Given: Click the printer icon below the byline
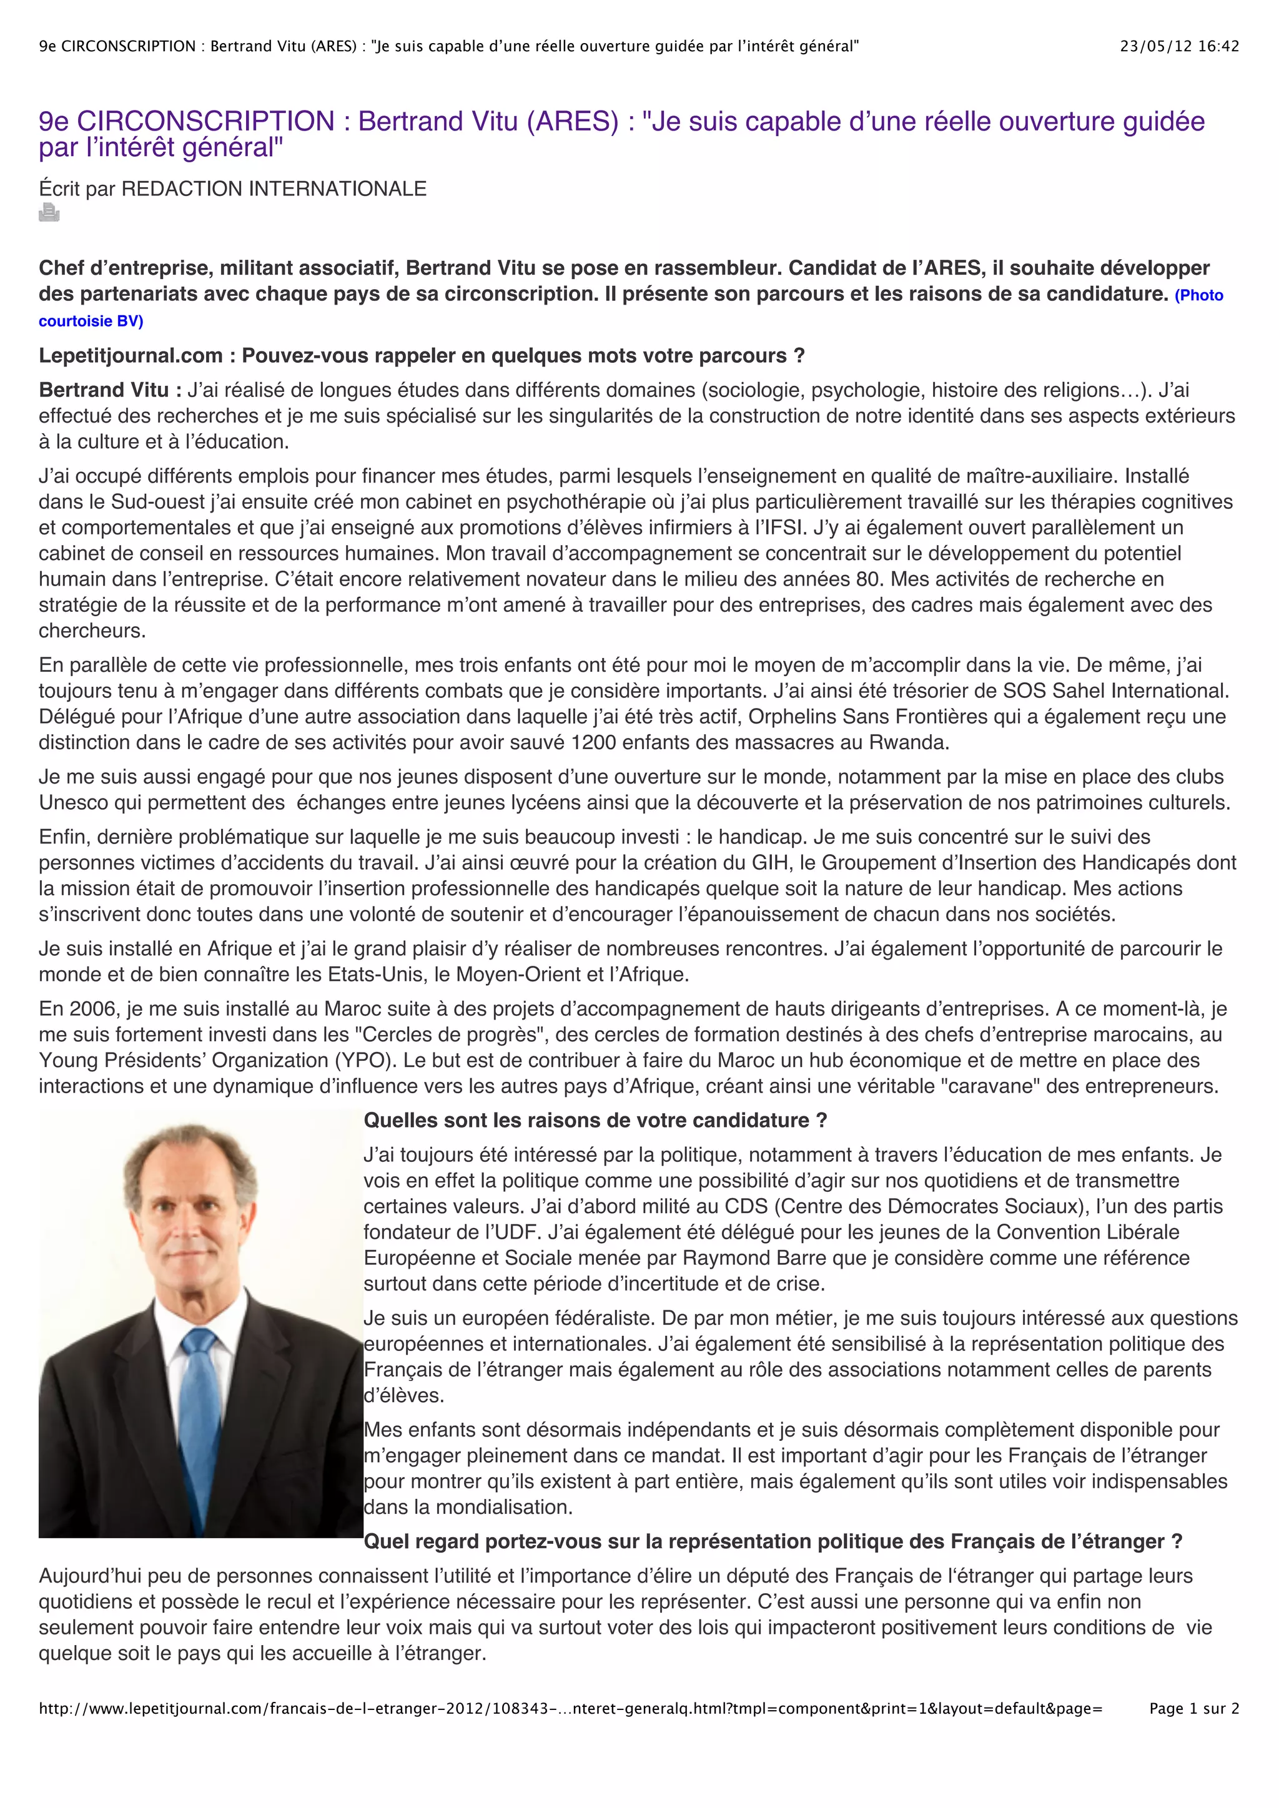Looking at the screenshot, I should pyautogui.click(x=49, y=213).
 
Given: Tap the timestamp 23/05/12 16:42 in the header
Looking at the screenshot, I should pyautogui.click(x=1179, y=46).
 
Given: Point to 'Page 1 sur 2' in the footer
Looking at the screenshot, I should pyautogui.click(x=1194, y=1708).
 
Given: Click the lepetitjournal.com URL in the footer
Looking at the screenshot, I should pyautogui.click(x=570, y=1708).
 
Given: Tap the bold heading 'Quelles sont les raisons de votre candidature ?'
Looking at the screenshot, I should pyautogui.click(x=595, y=1121).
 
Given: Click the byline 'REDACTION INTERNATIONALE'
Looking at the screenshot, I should pyautogui.click(x=274, y=189).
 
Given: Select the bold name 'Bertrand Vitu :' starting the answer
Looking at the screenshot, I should pyautogui.click(x=111, y=390).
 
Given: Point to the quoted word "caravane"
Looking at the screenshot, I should pyautogui.click(x=986, y=1087).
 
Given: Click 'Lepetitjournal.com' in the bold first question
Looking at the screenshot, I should pyautogui.click(x=131, y=356).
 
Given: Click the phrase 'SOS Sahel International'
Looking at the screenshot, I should pyautogui.click(x=1114, y=691).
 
